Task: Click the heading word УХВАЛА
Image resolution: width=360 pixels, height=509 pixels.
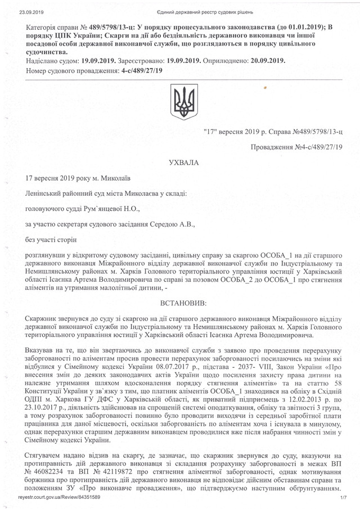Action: [181, 163]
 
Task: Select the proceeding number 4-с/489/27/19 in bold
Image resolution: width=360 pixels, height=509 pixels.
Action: [136, 70]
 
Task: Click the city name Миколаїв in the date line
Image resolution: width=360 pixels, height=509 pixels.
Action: [116, 179]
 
